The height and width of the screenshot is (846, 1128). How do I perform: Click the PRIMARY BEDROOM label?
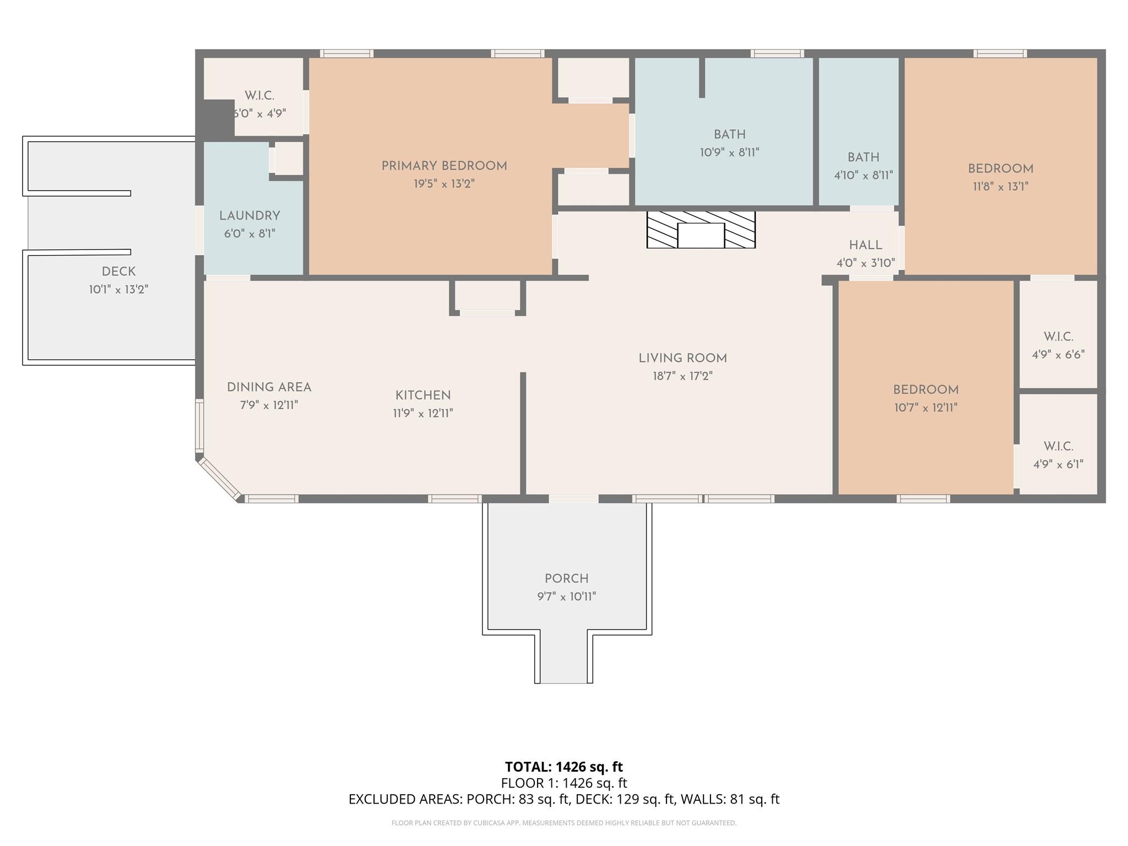[444, 166]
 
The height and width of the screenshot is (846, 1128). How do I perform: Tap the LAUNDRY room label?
[250, 216]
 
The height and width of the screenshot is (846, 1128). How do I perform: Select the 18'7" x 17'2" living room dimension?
[682, 376]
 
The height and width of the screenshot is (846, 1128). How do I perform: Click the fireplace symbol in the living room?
[701, 230]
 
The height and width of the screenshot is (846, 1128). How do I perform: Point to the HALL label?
[865, 245]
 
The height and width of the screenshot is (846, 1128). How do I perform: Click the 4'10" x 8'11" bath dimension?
[863, 175]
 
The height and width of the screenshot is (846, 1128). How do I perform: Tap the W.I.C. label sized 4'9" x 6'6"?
[1058, 337]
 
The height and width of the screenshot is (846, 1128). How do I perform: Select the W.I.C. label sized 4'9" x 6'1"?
[1058, 446]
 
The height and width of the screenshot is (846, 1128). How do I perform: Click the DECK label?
[118, 272]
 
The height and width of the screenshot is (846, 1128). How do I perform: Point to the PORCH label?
[566, 578]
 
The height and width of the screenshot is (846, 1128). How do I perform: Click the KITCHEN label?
[423, 395]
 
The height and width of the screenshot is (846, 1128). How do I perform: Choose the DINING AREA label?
[269, 387]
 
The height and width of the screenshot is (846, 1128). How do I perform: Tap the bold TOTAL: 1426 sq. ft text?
[563, 767]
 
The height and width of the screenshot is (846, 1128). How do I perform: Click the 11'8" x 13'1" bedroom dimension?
[1000, 186]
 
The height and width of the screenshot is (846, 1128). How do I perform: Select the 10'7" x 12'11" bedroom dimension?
[925, 408]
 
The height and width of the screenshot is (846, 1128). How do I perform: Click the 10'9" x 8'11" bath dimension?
[729, 153]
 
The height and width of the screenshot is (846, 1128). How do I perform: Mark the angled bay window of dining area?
[219, 479]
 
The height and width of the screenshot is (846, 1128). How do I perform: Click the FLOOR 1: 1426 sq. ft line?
[563, 783]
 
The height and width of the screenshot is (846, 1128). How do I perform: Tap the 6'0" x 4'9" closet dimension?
[260, 113]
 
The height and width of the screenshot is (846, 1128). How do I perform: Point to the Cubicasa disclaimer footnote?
[563, 823]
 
